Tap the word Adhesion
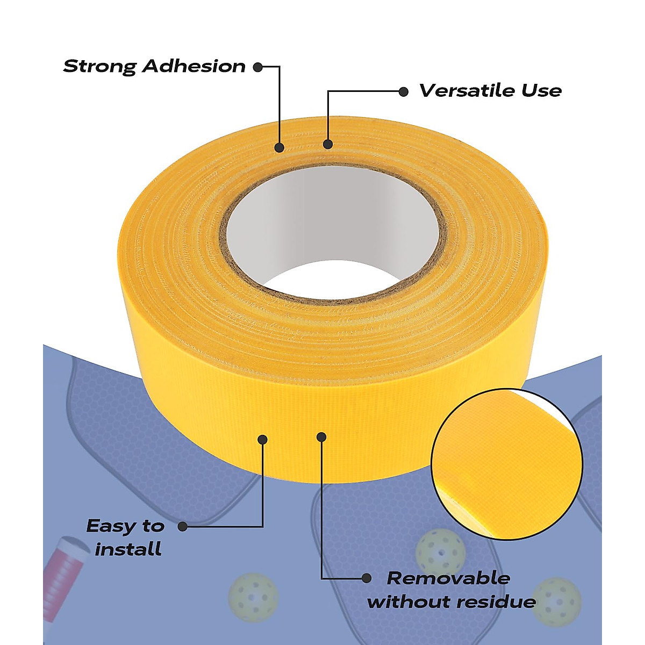194,67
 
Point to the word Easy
111,526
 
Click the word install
128,549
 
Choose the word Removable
448,578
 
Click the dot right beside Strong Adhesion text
258,67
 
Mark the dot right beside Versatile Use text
403,91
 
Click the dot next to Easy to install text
183,527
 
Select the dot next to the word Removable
366,578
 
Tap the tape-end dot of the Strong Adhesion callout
279,147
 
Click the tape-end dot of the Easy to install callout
262,439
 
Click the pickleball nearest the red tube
253,598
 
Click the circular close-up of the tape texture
507,464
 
